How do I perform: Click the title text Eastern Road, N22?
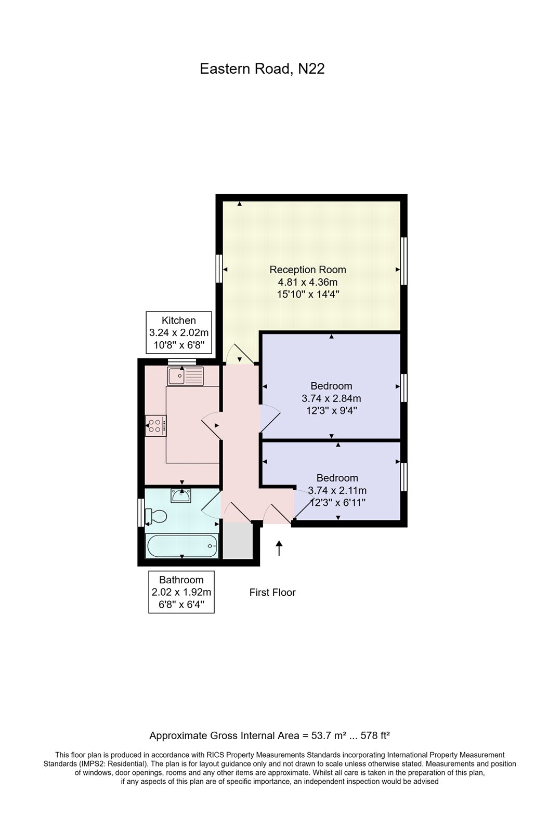click(262, 69)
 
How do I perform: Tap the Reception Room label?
click(307, 270)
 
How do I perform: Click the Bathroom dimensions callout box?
click(181, 592)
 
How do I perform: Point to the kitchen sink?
click(185, 376)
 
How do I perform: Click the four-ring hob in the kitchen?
click(155, 426)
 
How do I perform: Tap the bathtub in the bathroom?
click(182, 546)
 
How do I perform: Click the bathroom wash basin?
click(181, 496)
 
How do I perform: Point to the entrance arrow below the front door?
click(279, 548)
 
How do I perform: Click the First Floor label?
click(272, 593)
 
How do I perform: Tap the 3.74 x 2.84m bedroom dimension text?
click(331, 399)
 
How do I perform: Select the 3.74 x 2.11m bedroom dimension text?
click(337, 490)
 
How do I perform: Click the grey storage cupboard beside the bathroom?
click(237, 541)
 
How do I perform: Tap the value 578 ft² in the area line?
click(371, 735)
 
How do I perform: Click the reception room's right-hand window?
click(403, 261)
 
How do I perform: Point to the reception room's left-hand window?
click(219, 269)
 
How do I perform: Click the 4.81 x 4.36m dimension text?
click(307, 283)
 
